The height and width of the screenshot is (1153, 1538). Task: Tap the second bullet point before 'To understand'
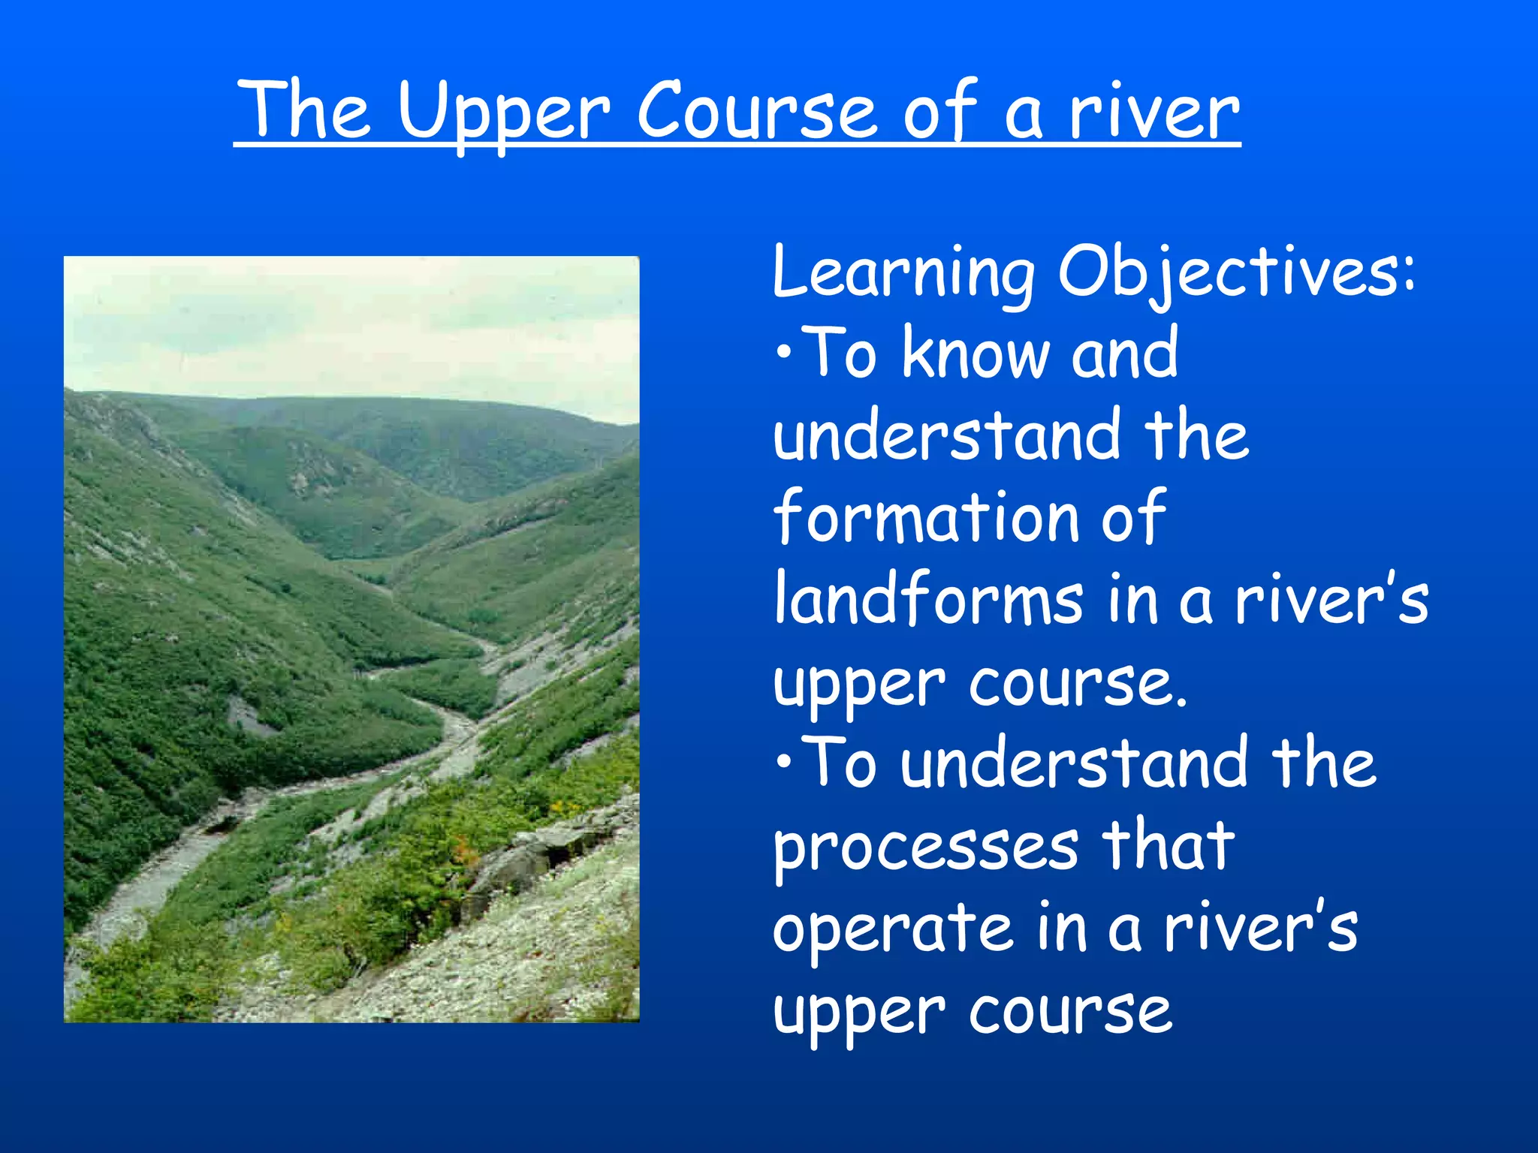coord(784,763)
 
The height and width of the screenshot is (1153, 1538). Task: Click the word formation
coord(927,516)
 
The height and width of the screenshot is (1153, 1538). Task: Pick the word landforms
coord(929,599)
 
